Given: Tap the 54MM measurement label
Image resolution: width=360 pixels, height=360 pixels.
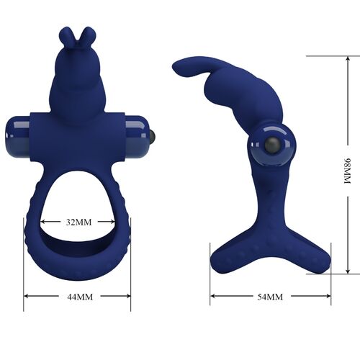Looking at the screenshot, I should pyautogui.click(x=270, y=296).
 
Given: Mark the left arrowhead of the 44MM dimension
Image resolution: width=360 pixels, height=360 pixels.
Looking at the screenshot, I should pyautogui.click(x=26, y=296).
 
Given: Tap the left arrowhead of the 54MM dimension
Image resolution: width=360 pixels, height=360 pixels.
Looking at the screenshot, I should pyautogui.click(x=212, y=296).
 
